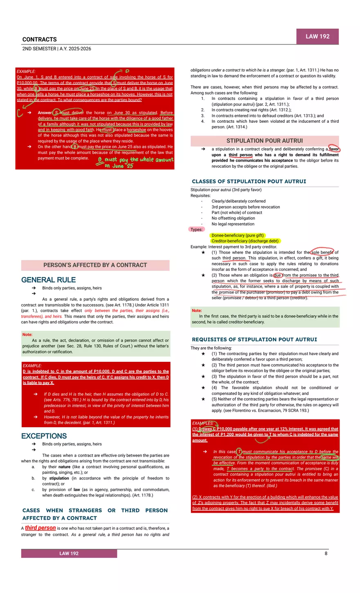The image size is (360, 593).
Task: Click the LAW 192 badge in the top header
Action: pyautogui.click(x=317, y=36)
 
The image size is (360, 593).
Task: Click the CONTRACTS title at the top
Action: pyautogui.click(x=40, y=40)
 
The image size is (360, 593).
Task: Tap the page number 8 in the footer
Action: pyautogui.click(x=326, y=553)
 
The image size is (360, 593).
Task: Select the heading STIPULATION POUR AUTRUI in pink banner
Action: pyautogui.click(x=265, y=140)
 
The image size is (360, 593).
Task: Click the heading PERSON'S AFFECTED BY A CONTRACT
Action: pyautogui.click(x=95, y=265)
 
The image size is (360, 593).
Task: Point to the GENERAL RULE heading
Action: pyautogui.click(x=48, y=280)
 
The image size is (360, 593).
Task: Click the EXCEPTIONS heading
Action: pyautogui.click(x=44, y=436)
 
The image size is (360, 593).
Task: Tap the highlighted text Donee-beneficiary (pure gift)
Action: pyautogui.click(x=238, y=235)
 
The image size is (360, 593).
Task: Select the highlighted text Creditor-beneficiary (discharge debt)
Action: pyautogui.click(x=245, y=241)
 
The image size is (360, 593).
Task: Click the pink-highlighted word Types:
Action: pyautogui.click(x=196, y=230)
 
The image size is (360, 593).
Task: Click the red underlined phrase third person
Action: pyautogui.click(x=40, y=528)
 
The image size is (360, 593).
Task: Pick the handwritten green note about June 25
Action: pyautogui.click(x=135, y=162)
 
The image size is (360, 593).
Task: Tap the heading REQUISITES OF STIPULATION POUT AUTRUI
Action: pyautogui.click(x=254, y=339)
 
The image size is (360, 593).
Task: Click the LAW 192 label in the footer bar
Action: pyautogui.click(x=69, y=553)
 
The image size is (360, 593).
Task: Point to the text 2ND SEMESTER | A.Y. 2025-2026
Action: pyautogui.click(x=56, y=49)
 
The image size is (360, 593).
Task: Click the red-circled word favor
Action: pyautogui.click(x=334, y=149)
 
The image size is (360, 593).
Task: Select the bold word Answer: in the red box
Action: pyautogui.click(x=45, y=113)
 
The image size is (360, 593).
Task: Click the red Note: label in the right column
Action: pyautogui.click(x=197, y=311)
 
